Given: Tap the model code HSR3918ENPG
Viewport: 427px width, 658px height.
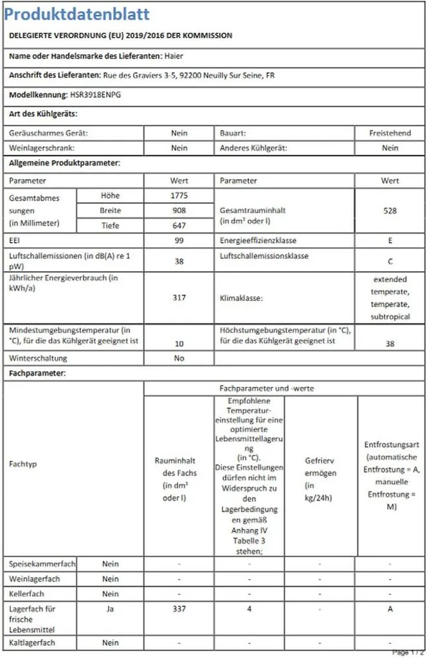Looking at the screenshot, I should [95, 94].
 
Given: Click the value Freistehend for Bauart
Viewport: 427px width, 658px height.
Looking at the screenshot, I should [390, 133].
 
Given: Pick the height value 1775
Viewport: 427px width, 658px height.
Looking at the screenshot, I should [179, 195].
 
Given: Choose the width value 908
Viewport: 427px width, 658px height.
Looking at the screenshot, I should [179, 210].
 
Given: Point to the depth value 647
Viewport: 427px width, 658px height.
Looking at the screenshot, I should [179, 226].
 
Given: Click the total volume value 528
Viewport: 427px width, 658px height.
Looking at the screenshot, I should [390, 210].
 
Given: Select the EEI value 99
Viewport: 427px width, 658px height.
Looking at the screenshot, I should [179, 240].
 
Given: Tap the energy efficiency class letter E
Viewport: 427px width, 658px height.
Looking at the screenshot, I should [390, 240].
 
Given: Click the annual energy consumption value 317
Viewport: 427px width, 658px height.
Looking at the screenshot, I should [179, 298].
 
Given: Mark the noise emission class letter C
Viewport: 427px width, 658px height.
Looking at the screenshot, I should [390, 262].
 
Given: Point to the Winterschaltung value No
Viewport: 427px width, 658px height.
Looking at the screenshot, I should [179, 358].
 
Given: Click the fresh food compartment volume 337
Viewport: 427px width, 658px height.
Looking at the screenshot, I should [179, 609].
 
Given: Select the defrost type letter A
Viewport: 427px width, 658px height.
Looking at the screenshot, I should [390, 609].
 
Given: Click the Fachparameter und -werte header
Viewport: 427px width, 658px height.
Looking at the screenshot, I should [284, 388].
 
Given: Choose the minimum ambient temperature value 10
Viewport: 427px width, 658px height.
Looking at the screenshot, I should [179, 344].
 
